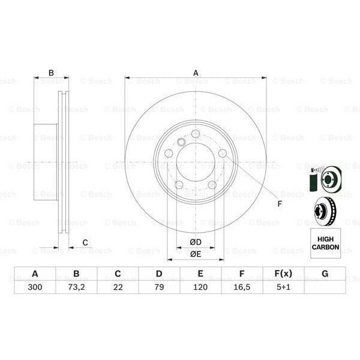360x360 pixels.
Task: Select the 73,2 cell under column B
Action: (76, 287)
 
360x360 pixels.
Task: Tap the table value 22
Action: (118, 287)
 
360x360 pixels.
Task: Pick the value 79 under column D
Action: (159, 287)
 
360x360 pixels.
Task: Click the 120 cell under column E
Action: (200, 287)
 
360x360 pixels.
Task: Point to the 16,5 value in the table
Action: (242, 287)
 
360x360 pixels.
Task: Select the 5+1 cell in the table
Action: (283, 287)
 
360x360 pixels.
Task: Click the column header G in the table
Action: (325, 274)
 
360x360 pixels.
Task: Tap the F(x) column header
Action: (283, 274)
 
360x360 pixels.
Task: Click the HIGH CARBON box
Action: (325, 243)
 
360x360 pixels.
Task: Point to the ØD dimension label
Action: (195, 242)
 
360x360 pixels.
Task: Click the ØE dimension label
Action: (195, 254)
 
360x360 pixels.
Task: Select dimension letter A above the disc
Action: (196, 73)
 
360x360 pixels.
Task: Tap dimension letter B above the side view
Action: (51, 73)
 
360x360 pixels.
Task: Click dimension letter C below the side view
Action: (85, 242)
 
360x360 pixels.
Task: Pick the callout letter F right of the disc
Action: (279, 203)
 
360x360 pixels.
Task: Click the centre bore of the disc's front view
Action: (196, 161)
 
